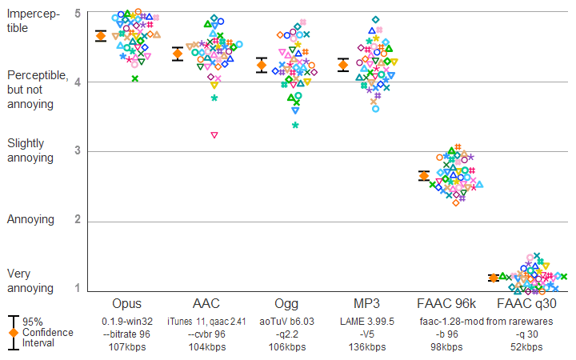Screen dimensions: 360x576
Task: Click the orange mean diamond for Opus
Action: (x=101, y=35)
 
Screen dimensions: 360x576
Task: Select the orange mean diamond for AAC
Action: (x=178, y=54)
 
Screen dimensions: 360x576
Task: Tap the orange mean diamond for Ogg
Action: (x=261, y=65)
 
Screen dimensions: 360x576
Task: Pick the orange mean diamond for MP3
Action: (x=343, y=65)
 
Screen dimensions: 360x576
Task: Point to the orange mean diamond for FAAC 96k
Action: (x=425, y=175)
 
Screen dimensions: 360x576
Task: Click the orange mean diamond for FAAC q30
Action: (x=494, y=278)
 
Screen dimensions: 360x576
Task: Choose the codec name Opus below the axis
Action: (x=126, y=304)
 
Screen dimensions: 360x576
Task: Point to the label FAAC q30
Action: (x=526, y=304)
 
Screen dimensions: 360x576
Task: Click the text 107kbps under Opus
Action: (x=126, y=347)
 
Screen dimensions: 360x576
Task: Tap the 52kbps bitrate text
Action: (x=526, y=347)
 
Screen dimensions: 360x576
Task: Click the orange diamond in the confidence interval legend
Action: (x=13, y=332)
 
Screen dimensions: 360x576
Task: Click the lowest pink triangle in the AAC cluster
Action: (x=214, y=135)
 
